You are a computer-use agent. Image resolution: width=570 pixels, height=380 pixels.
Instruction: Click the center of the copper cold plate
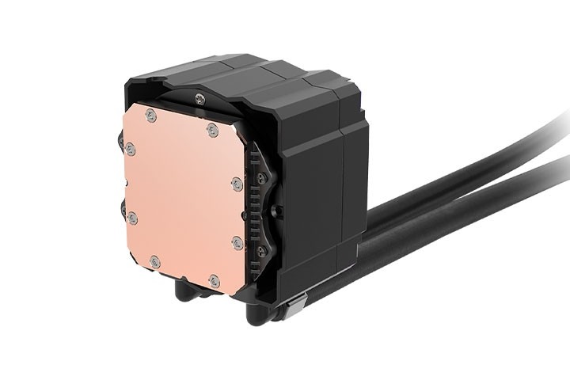pyautogui.click(x=182, y=193)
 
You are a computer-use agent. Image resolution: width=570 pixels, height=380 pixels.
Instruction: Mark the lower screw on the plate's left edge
pyautogui.click(x=132, y=216)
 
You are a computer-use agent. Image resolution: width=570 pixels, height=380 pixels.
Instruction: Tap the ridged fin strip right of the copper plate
pyautogui.click(x=252, y=206)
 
